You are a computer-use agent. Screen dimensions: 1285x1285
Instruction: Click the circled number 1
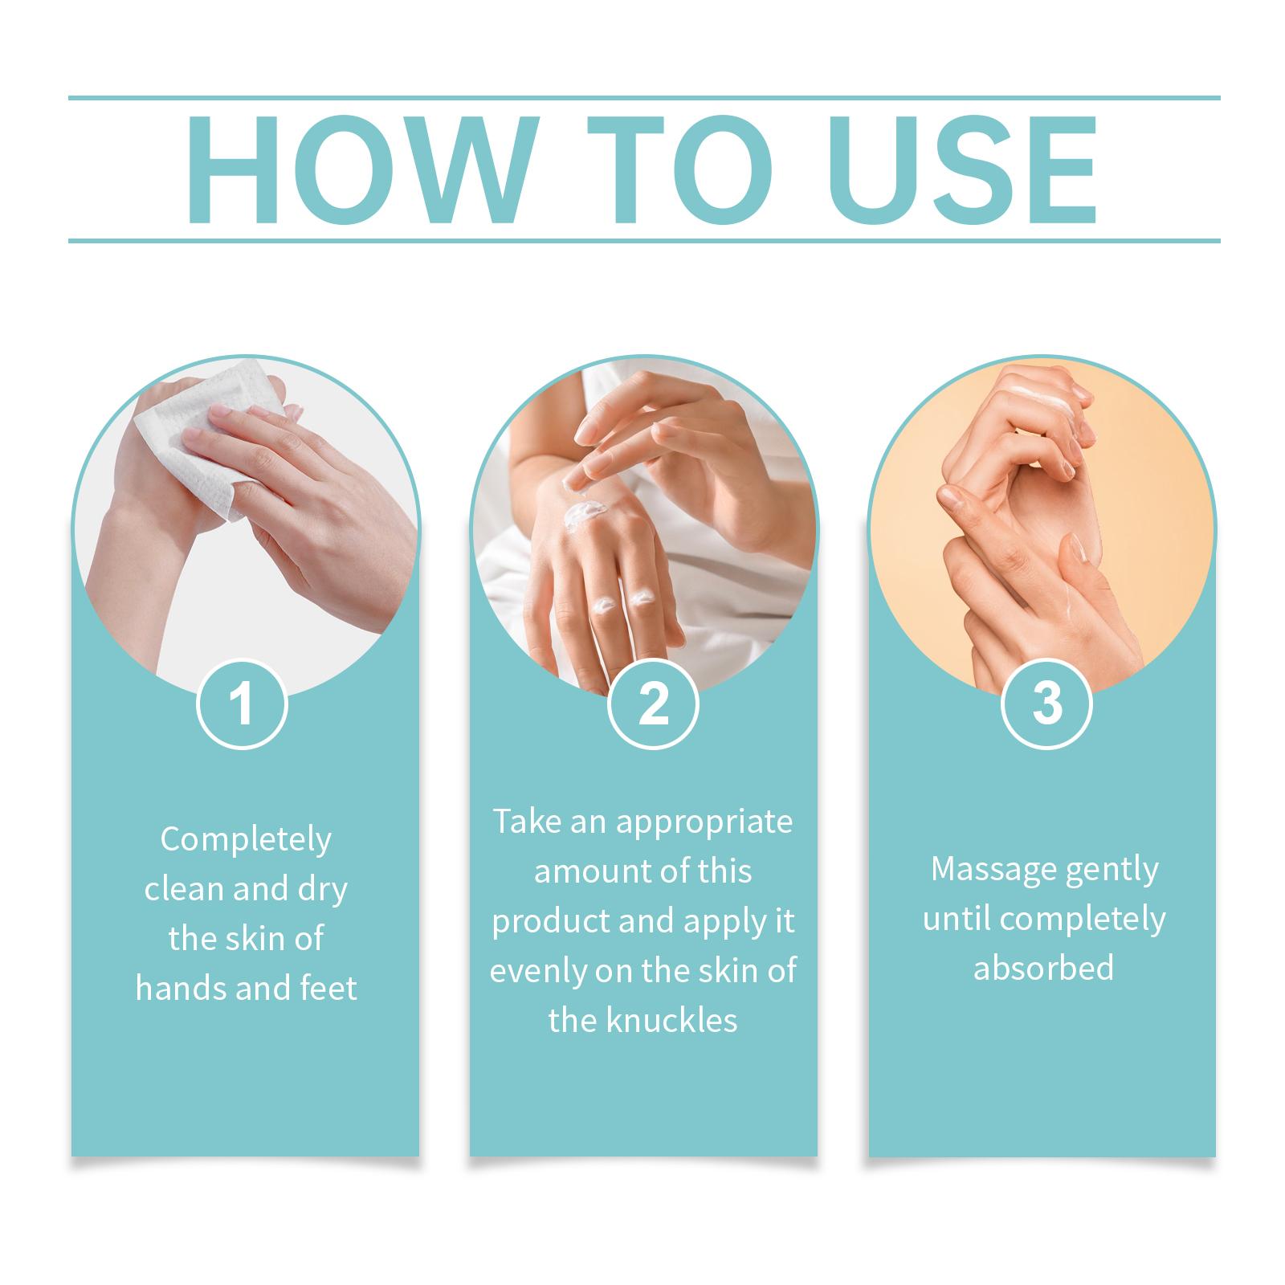(x=242, y=704)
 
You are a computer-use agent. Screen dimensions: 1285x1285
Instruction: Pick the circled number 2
(x=653, y=704)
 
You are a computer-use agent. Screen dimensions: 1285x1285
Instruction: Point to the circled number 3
(x=1046, y=704)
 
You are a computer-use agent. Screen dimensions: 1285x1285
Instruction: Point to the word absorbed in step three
(x=1043, y=968)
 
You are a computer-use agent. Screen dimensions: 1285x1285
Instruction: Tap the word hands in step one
(x=182, y=988)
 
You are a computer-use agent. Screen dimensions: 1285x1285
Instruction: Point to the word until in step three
(x=957, y=919)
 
